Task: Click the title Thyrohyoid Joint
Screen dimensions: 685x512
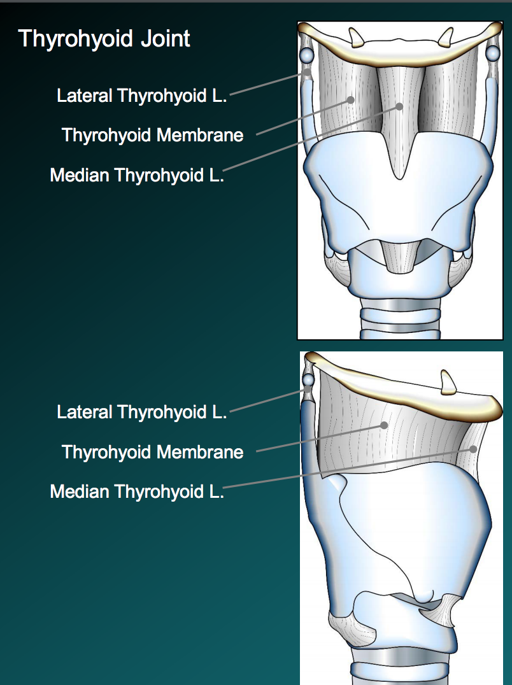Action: tap(104, 39)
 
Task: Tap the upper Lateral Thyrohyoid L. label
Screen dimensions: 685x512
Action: tap(142, 96)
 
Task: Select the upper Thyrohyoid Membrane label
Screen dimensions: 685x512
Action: tap(153, 135)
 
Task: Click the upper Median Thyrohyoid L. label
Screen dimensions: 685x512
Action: tap(137, 175)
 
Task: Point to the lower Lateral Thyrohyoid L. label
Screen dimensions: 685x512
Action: tap(142, 412)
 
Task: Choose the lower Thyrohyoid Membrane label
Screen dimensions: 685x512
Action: tap(153, 452)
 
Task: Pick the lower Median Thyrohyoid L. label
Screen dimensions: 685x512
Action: tap(137, 491)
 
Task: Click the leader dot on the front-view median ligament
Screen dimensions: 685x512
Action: tap(400, 106)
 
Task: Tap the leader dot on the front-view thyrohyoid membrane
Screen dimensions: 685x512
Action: tap(351, 100)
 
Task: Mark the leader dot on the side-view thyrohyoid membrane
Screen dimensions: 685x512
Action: tap(383, 425)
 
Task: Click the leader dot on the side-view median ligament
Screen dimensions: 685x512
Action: tap(473, 448)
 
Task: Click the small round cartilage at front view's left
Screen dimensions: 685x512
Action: tap(307, 55)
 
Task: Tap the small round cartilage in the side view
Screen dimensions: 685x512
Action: tap(309, 380)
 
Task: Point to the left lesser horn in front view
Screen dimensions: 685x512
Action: tap(355, 38)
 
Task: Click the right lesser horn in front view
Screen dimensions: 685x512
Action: tap(446, 38)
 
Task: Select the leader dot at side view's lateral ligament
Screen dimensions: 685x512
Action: tap(308, 389)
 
